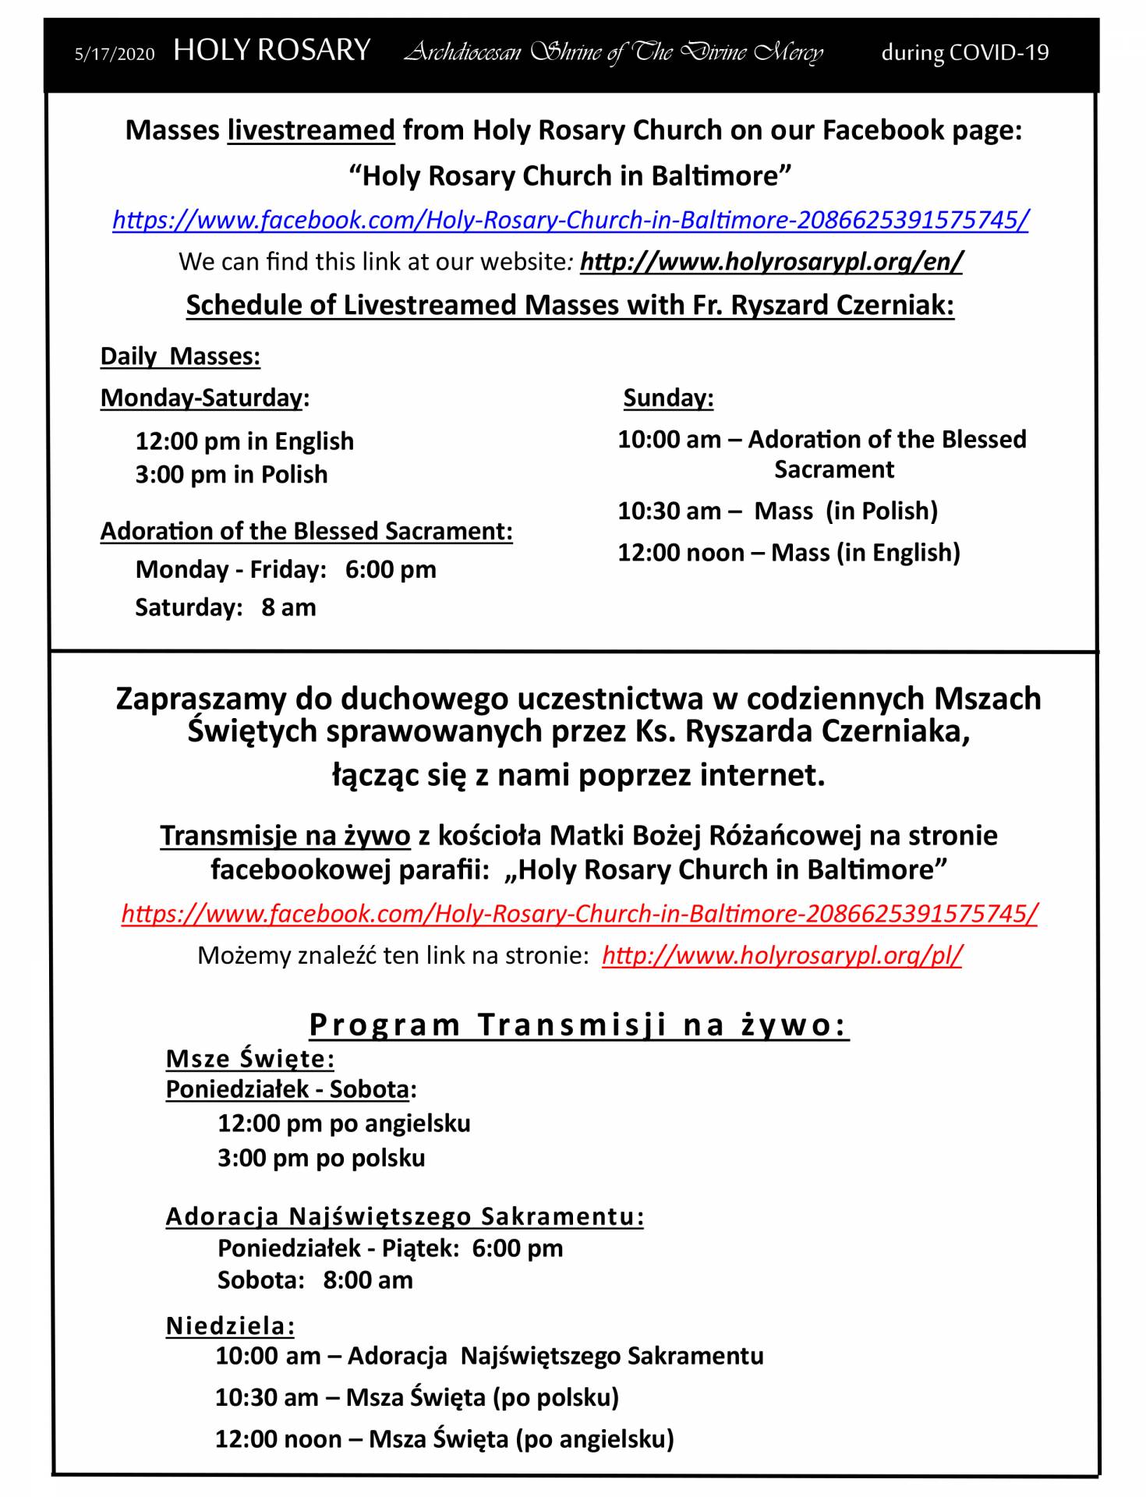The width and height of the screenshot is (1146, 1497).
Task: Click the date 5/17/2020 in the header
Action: pos(114,54)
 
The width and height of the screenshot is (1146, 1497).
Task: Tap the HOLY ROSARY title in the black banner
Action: pos(271,51)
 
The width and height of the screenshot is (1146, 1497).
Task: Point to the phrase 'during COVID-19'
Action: pos(964,52)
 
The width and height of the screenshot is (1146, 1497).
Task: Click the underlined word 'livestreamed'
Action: pos(311,129)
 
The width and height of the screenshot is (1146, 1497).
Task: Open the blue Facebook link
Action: pos(570,220)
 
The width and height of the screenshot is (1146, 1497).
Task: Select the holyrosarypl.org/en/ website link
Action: pos(771,261)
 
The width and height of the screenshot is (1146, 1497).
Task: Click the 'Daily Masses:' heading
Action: pos(180,356)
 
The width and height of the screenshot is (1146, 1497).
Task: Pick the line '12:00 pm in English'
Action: pos(244,441)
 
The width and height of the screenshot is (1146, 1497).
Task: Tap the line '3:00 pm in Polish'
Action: pos(231,474)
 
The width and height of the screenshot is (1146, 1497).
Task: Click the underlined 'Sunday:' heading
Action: pos(668,398)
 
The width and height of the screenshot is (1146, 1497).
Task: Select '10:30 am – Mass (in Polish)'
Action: pos(777,511)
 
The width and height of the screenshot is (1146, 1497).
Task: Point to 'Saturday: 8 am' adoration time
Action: pos(225,607)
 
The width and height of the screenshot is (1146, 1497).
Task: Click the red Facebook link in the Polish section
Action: pos(579,913)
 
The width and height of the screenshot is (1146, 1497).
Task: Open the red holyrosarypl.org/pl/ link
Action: pos(782,955)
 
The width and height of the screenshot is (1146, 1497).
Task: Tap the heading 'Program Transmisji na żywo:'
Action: pos(578,1025)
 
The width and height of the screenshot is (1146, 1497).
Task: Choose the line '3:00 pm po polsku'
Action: pos(321,1158)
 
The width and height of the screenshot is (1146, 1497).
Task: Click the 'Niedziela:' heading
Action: pos(230,1325)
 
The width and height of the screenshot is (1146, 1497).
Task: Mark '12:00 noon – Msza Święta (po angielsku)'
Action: pos(444,1439)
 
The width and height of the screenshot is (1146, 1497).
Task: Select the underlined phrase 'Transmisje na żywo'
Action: pos(285,836)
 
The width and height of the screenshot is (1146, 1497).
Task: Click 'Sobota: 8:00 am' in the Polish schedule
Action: pos(315,1280)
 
